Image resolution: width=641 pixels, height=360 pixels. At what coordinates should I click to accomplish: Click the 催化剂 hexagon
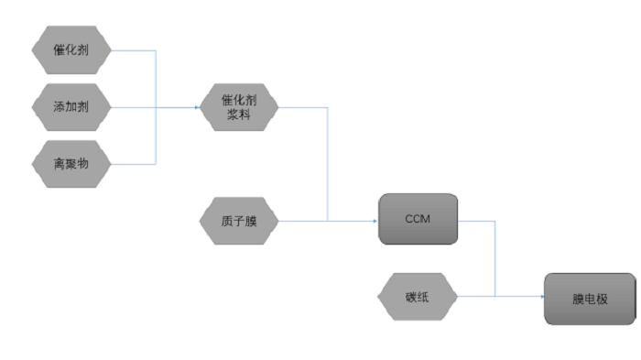pyautogui.click(x=71, y=50)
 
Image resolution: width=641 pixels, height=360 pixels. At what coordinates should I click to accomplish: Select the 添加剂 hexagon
pyautogui.click(x=71, y=108)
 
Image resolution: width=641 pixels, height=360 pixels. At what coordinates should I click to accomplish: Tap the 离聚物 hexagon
pyautogui.click(x=71, y=165)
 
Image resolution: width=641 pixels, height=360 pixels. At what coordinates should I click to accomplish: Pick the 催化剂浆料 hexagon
pyautogui.click(x=239, y=108)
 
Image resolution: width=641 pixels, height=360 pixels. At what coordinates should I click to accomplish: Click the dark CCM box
pyautogui.click(x=418, y=219)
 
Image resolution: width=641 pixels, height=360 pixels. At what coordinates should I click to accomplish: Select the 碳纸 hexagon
pyautogui.click(x=418, y=297)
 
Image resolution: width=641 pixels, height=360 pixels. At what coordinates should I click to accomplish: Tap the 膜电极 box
pyautogui.click(x=590, y=298)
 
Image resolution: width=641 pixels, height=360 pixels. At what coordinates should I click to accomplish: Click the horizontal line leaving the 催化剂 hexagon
pyautogui.click(x=133, y=50)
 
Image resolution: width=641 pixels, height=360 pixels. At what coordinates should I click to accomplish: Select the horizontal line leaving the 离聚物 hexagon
pyautogui.click(x=133, y=165)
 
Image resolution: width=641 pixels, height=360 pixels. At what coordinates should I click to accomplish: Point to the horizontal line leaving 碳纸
pyautogui.click(x=476, y=297)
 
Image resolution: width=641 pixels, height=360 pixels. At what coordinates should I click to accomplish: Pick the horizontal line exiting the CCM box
pyautogui.click(x=476, y=221)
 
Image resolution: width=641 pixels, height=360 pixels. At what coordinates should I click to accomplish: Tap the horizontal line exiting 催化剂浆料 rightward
pyautogui.click(x=302, y=108)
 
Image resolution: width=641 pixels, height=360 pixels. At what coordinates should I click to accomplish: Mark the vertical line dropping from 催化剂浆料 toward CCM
pyautogui.click(x=327, y=165)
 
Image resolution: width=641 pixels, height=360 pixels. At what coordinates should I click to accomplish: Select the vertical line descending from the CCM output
pyautogui.click(x=495, y=258)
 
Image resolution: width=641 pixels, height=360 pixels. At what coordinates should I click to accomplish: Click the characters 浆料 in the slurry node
pyautogui.click(x=239, y=115)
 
